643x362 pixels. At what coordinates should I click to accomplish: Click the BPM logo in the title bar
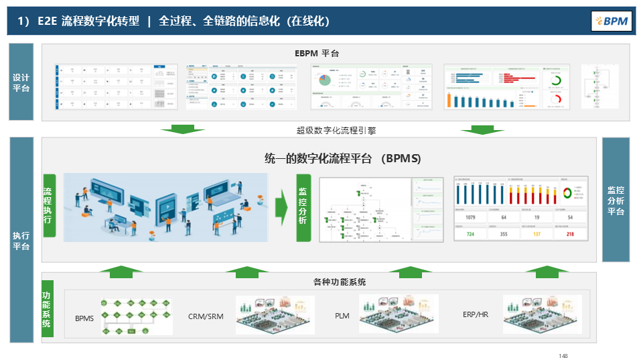[611, 21]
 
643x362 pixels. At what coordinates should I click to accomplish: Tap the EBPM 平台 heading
[317, 53]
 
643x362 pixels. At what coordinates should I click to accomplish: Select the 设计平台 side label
[21, 82]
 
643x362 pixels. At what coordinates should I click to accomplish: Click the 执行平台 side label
[21, 241]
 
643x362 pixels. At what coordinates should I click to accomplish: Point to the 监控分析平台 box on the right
[616, 200]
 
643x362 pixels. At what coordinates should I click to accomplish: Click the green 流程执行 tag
[48, 205]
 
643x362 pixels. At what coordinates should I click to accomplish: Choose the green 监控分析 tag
[303, 206]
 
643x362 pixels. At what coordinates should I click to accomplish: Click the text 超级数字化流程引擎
[332, 130]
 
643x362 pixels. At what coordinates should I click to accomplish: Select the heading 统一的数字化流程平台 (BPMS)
[342, 159]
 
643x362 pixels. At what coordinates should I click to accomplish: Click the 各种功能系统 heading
[340, 282]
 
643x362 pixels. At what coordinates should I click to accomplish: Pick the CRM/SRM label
[206, 316]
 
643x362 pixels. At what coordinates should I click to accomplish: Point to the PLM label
[342, 316]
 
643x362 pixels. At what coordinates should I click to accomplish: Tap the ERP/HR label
[475, 314]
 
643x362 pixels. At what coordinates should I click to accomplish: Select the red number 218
[570, 234]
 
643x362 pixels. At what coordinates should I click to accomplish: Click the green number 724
[470, 234]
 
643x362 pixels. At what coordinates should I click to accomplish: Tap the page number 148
[563, 355]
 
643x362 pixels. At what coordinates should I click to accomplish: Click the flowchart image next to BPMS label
[136, 316]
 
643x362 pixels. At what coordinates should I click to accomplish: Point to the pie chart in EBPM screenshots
[326, 80]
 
